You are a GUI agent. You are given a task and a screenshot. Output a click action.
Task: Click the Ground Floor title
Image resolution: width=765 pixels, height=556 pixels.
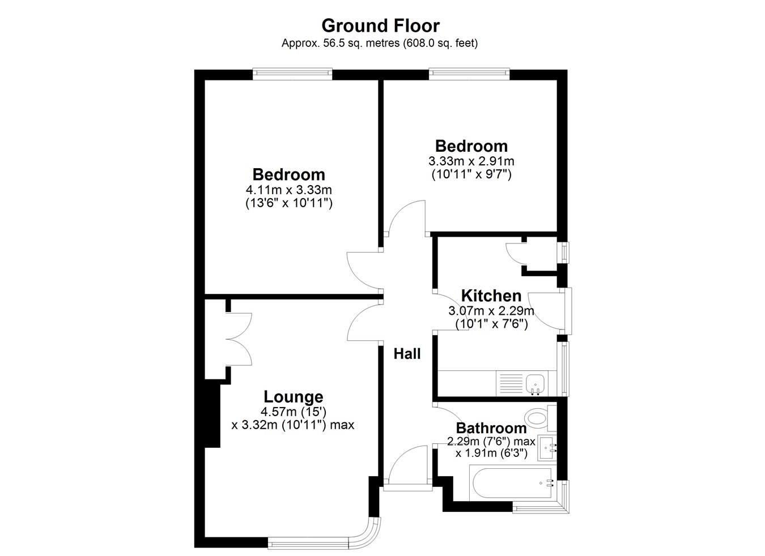click(x=380, y=26)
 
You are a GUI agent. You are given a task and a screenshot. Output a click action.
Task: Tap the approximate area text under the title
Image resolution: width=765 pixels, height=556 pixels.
click(x=380, y=44)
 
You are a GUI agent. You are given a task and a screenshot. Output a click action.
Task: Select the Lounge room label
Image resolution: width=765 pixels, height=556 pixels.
click(x=294, y=396)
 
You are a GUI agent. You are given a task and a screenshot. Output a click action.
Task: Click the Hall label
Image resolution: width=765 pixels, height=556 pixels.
click(x=407, y=354)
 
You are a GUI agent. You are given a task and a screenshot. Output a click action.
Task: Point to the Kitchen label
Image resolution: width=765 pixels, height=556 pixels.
click(x=491, y=296)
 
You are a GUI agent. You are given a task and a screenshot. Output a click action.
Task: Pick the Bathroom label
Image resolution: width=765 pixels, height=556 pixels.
click(x=491, y=428)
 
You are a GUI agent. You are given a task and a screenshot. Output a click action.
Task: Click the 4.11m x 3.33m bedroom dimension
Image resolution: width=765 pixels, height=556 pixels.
click(x=288, y=190)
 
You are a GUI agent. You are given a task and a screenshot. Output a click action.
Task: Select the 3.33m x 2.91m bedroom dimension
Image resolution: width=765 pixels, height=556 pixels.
click(x=471, y=161)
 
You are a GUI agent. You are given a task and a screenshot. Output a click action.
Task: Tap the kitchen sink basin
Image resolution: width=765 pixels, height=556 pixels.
click(x=535, y=383)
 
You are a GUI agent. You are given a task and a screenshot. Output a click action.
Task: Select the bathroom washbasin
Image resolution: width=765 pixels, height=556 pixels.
click(x=547, y=448)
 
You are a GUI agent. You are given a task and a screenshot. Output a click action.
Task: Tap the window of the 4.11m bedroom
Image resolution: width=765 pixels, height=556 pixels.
click(x=292, y=74)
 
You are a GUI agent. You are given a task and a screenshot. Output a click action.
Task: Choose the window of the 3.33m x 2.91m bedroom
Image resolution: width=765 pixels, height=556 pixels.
click(x=469, y=74)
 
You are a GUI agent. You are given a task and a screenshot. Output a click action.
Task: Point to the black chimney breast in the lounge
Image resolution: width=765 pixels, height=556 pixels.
click(x=212, y=416)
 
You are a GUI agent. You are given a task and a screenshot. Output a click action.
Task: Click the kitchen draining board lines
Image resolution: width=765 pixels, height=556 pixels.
click(x=511, y=383)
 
